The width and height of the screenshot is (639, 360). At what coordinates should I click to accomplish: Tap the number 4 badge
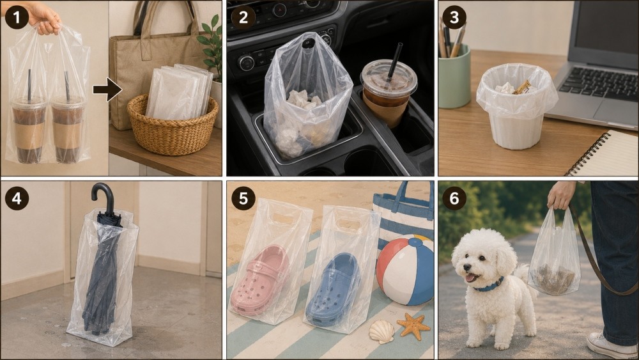(x=17, y=199)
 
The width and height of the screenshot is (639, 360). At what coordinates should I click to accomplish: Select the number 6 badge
(x=454, y=199)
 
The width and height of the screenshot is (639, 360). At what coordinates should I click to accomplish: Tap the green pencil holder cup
(x=454, y=77)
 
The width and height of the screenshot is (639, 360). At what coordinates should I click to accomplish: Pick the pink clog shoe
(x=260, y=279)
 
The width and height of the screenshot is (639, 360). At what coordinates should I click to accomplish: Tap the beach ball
(x=405, y=270)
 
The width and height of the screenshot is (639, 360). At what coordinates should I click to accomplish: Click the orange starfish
(x=413, y=326)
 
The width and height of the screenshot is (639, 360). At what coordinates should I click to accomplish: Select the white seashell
(x=382, y=331)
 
